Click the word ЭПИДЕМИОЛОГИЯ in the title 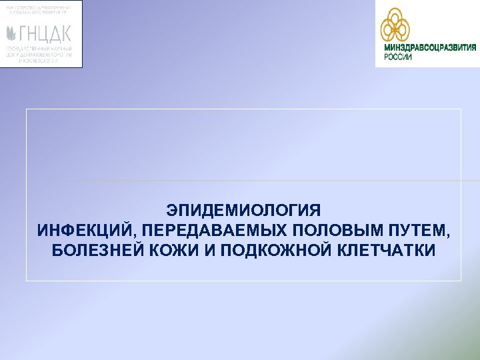(x=244, y=211)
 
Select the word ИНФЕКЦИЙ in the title (x=74, y=231)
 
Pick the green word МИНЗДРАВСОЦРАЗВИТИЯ (x=429, y=47)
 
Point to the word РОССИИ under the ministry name (x=398, y=57)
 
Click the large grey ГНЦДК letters (x=48, y=33)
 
